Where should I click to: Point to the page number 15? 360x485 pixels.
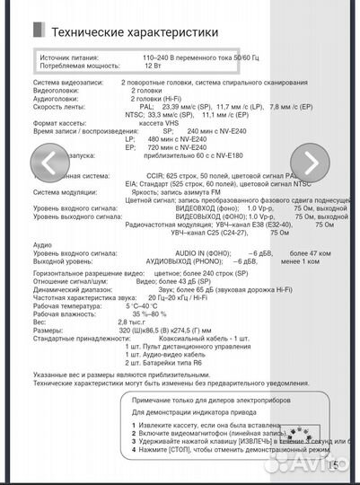coord(334,463)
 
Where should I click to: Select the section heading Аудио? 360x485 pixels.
coord(41,244)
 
